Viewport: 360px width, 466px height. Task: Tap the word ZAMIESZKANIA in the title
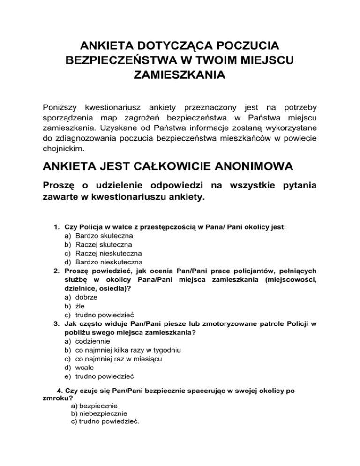point(180,75)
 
